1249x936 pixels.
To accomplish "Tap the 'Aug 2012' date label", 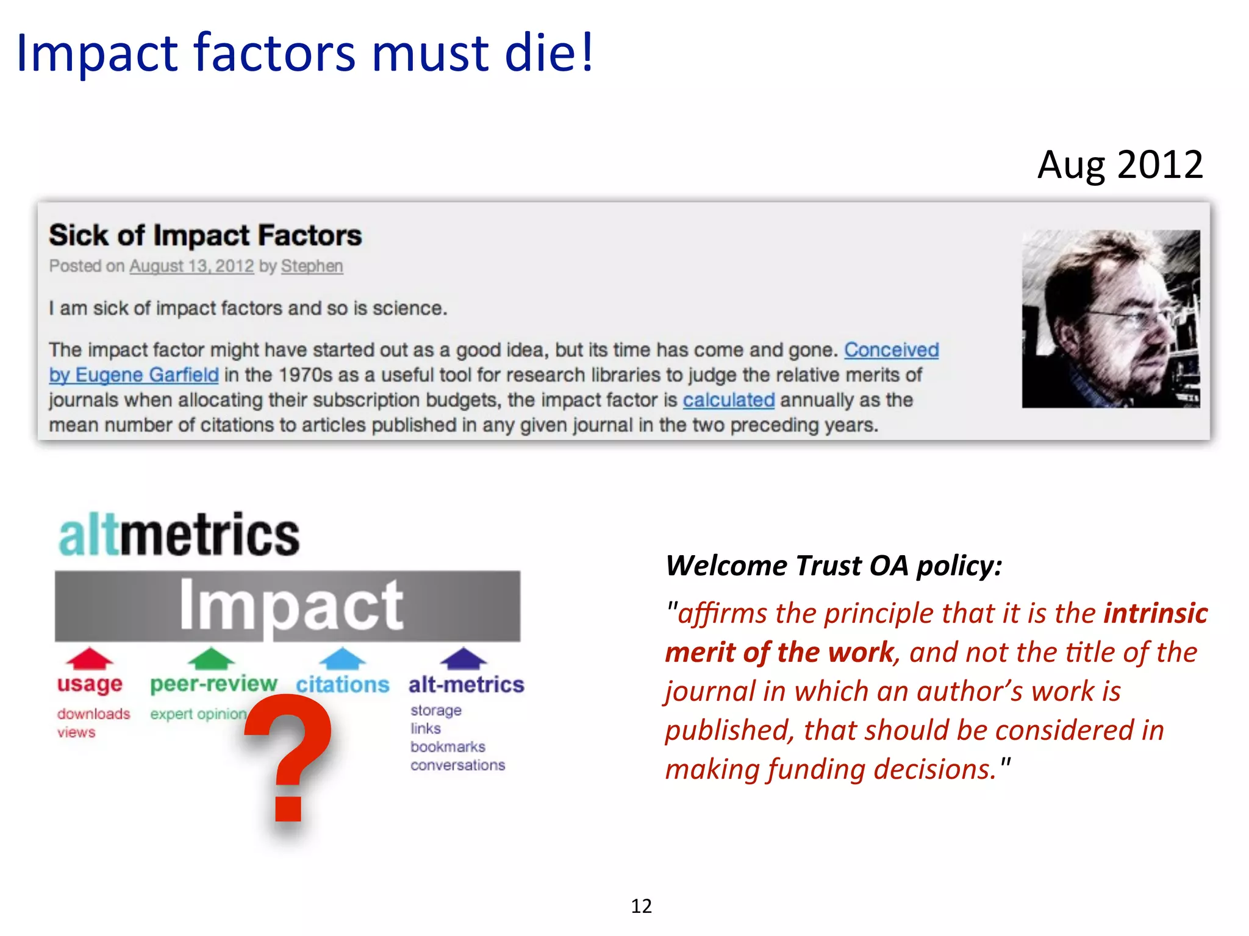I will coord(1120,165).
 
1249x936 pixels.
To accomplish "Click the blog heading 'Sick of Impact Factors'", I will coord(206,235).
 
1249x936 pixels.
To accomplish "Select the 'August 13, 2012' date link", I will coord(191,266).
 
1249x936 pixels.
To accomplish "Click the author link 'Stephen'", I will coord(312,266).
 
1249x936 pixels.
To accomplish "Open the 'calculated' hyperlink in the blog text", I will coord(728,400).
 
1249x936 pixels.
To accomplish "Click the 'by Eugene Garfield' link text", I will coord(134,375).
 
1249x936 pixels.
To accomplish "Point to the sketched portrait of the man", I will coord(1111,319).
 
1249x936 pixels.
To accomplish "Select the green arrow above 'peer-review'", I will coord(211,658).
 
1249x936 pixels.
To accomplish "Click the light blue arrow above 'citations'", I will coord(343,659).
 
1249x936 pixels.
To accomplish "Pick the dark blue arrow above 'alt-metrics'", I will coord(463,658).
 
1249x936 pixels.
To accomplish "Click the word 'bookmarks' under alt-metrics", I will coord(448,747).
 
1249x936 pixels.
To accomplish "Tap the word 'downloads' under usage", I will coord(94,714).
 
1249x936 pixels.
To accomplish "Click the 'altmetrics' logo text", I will coord(179,534).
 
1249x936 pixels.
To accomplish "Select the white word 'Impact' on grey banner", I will coord(291,605).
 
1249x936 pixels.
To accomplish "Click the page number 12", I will coord(641,906).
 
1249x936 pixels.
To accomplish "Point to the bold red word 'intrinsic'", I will coord(1155,613).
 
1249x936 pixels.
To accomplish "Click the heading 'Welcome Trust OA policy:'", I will coord(834,565).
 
